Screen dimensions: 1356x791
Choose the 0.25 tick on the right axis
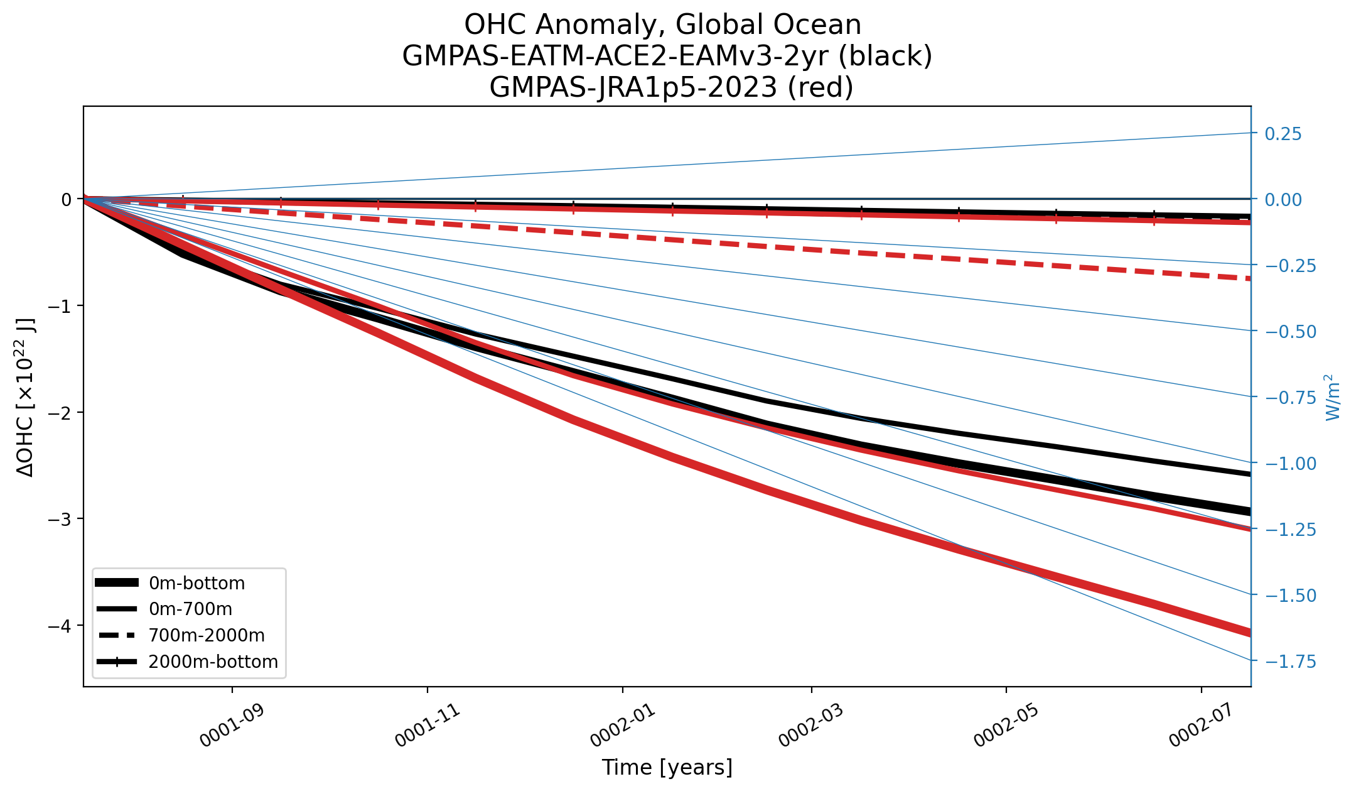coord(1283,134)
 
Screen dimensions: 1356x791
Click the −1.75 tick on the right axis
coord(1291,661)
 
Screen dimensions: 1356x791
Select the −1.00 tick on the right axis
coord(1291,463)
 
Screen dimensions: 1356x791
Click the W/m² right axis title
coord(1332,397)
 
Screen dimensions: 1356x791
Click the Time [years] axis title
coord(667,767)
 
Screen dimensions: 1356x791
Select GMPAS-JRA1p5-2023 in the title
coord(634,87)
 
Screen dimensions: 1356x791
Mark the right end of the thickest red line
coord(1251,633)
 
